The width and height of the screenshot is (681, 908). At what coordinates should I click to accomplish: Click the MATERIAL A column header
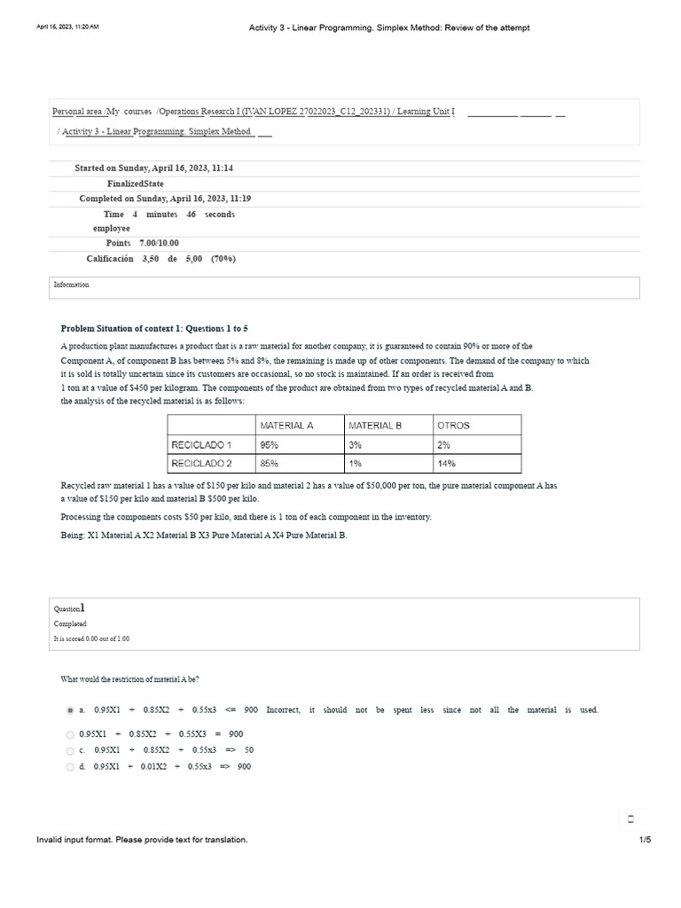tap(286, 426)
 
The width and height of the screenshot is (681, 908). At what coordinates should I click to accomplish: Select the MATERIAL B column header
tap(375, 426)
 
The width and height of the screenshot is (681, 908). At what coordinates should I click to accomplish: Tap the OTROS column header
tap(453, 426)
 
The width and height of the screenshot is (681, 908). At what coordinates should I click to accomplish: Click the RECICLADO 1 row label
tap(201, 444)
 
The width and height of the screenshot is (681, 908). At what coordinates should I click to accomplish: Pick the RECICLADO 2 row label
tap(201, 463)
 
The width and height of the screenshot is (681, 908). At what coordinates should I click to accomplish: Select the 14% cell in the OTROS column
tap(446, 463)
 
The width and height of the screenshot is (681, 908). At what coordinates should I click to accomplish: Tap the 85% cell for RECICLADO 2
tap(270, 463)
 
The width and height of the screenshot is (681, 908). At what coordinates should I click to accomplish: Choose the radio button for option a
tap(70, 710)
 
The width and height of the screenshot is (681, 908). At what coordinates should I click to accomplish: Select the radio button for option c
tap(70, 750)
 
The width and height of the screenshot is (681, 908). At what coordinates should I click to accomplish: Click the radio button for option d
tap(70, 767)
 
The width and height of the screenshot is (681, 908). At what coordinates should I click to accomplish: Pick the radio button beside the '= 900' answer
tap(70, 734)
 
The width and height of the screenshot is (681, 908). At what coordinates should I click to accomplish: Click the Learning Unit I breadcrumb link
tap(426, 112)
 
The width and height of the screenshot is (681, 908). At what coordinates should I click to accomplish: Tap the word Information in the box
tap(71, 285)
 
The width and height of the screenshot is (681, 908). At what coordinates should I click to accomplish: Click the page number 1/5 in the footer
tap(645, 840)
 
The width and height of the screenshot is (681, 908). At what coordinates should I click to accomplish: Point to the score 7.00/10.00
tap(159, 243)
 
